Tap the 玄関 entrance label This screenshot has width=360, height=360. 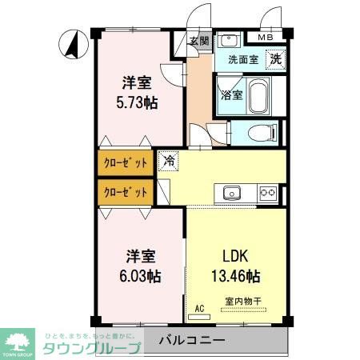199,42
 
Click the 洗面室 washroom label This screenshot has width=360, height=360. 243,58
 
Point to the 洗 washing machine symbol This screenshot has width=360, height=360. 274,58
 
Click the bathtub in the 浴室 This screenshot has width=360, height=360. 258,98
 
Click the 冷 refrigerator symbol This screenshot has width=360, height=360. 169,161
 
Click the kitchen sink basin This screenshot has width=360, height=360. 232,192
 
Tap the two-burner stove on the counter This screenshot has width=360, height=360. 267,192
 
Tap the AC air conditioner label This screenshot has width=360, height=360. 199,306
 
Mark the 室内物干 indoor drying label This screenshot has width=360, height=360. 243,302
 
